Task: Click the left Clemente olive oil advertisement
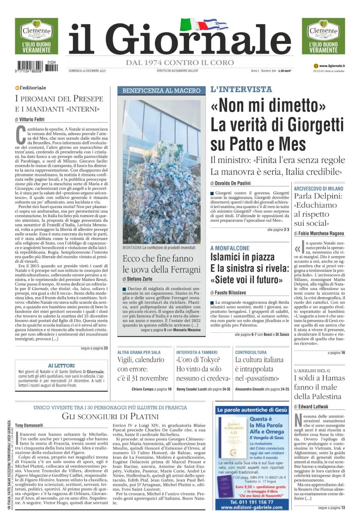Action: point(36,36)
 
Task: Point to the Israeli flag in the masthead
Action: point(215,25)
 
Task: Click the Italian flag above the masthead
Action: point(190,24)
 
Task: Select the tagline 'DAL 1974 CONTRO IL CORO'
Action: point(180,63)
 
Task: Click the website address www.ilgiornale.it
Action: point(331,66)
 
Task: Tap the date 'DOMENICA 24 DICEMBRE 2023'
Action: point(87,71)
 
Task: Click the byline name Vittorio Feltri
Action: point(32,119)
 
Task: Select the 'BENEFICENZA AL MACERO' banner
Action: point(161,90)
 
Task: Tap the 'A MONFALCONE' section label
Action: point(230,248)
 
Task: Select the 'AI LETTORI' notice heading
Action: point(61,365)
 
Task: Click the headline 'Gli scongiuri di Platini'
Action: point(110,416)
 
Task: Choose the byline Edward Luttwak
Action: point(313,407)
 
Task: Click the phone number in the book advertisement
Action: point(252,502)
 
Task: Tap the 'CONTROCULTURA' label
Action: point(251,352)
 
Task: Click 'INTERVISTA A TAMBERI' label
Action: point(197,352)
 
